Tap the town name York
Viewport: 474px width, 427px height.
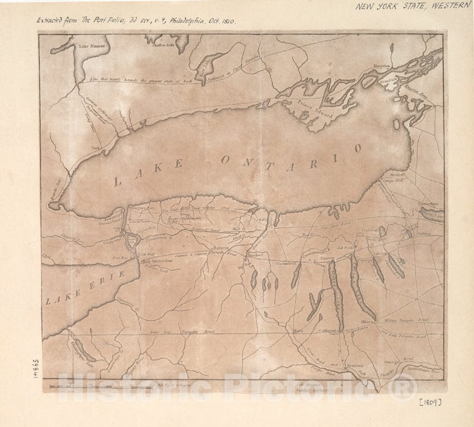[96, 148]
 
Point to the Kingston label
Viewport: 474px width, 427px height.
[381, 65]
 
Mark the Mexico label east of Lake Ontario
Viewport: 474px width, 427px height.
[398, 175]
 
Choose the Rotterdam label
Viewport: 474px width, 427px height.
[428, 204]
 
